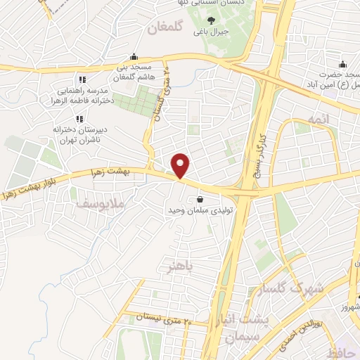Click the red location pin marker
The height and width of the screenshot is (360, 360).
[181, 166]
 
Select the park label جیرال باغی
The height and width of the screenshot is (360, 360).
[212, 31]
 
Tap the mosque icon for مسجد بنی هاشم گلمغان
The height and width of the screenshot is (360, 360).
[134, 58]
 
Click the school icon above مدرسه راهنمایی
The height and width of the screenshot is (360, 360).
[82, 79]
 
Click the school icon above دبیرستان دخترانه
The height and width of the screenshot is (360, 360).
[79, 118]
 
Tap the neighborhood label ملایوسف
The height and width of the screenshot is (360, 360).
[96, 204]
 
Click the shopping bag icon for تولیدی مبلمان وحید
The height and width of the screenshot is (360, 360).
[201, 198]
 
